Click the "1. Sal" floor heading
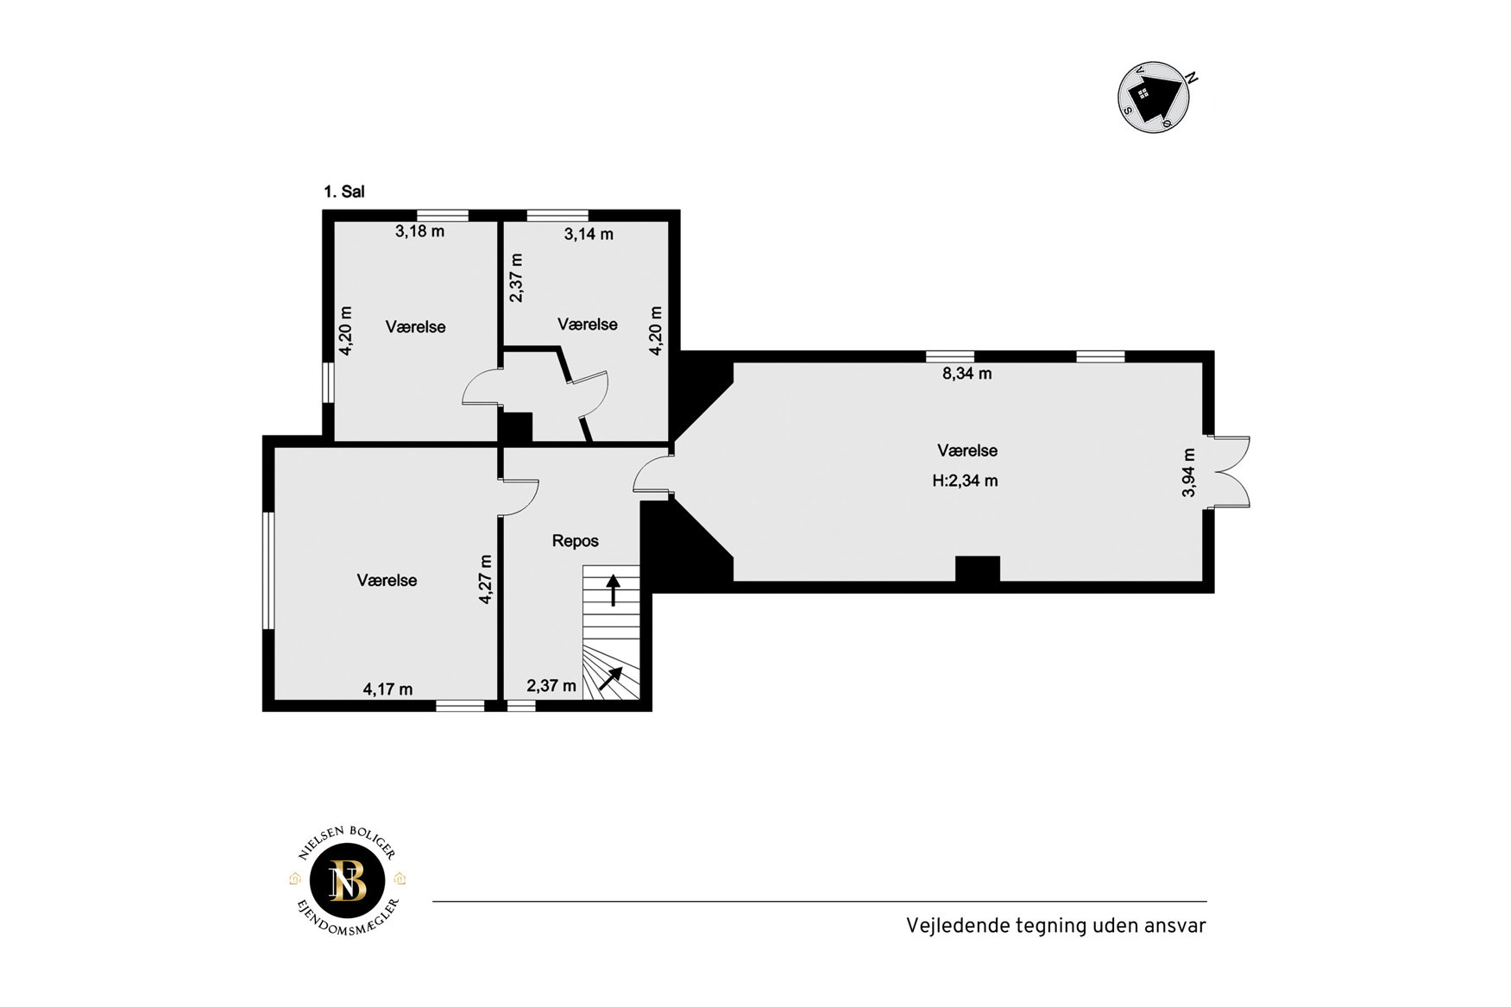pyautogui.click(x=344, y=192)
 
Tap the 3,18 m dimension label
pyautogui.click(x=420, y=231)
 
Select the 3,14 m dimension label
pyautogui.click(x=589, y=234)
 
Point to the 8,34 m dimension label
pyautogui.click(x=966, y=374)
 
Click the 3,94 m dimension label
pyautogui.click(x=1189, y=473)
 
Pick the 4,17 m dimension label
pyautogui.click(x=387, y=689)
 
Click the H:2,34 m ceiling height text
pyautogui.click(x=965, y=481)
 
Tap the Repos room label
pyautogui.click(x=576, y=541)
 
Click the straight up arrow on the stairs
pyautogui.click(x=613, y=590)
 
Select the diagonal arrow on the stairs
pyautogui.click(x=611, y=678)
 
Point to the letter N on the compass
pyautogui.click(x=1192, y=77)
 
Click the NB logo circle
pyautogui.click(x=348, y=880)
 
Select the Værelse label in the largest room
pyautogui.click(x=967, y=450)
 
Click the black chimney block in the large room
pyautogui.click(x=978, y=570)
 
